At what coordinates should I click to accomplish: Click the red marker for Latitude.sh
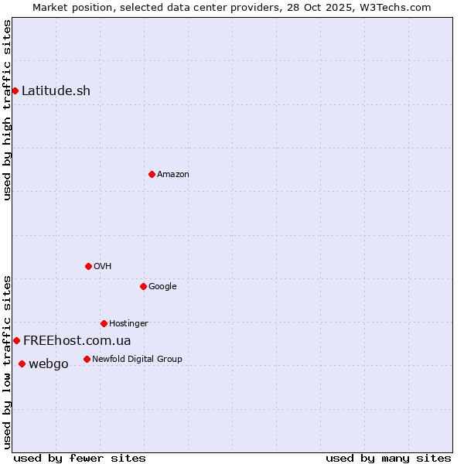pos(15,90)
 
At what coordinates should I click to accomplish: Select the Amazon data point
pos(152,174)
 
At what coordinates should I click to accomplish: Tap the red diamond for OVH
pos(88,266)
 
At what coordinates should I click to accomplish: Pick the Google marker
pos(143,286)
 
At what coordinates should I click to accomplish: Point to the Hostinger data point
pos(104,323)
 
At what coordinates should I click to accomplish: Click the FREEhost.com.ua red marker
pos(16,340)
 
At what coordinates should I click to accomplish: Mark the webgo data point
pos(22,363)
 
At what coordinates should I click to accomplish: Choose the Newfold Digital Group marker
pos(87,359)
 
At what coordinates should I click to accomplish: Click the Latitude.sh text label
pos(56,90)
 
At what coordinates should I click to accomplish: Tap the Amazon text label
pos(173,174)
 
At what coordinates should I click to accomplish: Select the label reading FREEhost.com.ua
pos(77,340)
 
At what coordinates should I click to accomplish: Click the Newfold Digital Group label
pos(137,359)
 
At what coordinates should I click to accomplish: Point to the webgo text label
pos(48,363)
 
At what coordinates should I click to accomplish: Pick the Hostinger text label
pos(128,323)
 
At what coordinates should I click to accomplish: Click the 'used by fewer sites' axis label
pos(80,458)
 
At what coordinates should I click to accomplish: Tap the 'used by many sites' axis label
pos(388,458)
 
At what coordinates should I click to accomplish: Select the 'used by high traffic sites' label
pos(8,110)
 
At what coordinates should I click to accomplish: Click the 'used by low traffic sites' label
pos(8,361)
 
